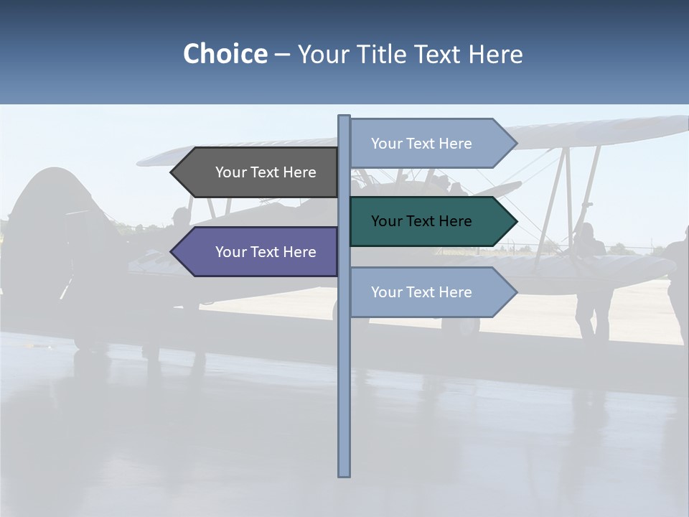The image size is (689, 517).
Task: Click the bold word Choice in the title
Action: pos(225,54)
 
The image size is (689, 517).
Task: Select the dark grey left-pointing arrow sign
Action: pos(258,172)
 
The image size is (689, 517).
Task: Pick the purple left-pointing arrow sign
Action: pos(258,252)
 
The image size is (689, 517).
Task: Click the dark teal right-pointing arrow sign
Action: pos(431,221)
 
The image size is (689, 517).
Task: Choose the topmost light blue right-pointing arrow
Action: pos(431,144)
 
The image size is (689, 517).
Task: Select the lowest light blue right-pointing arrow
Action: pos(431,292)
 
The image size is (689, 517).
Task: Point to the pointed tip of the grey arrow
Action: pos(173,172)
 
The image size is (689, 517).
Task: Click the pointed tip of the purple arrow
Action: pos(173,252)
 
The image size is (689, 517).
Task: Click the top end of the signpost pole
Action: pos(344,117)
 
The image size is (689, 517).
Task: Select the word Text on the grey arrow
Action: pos(265,172)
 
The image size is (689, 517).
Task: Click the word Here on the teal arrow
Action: pos(454,221)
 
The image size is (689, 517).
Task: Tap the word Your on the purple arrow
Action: pos(231,252)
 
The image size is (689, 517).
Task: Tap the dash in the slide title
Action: pos(282,55)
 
